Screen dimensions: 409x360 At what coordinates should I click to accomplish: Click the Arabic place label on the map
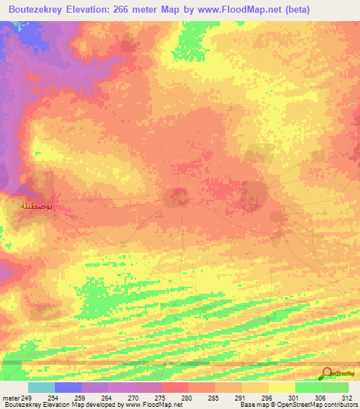pos(37,206)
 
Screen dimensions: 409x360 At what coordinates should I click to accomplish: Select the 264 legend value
pos(106,398)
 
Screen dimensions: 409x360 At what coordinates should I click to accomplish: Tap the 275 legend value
pos(160,398)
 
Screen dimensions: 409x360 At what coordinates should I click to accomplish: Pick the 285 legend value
pos(213,398)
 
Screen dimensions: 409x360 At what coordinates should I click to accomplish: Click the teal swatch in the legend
pos(41,387)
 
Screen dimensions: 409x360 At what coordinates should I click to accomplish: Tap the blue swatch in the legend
pos(68,387)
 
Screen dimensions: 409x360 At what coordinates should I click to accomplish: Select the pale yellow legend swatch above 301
pos(281,387)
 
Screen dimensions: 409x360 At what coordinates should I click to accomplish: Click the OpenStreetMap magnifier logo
pos(326,374)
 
